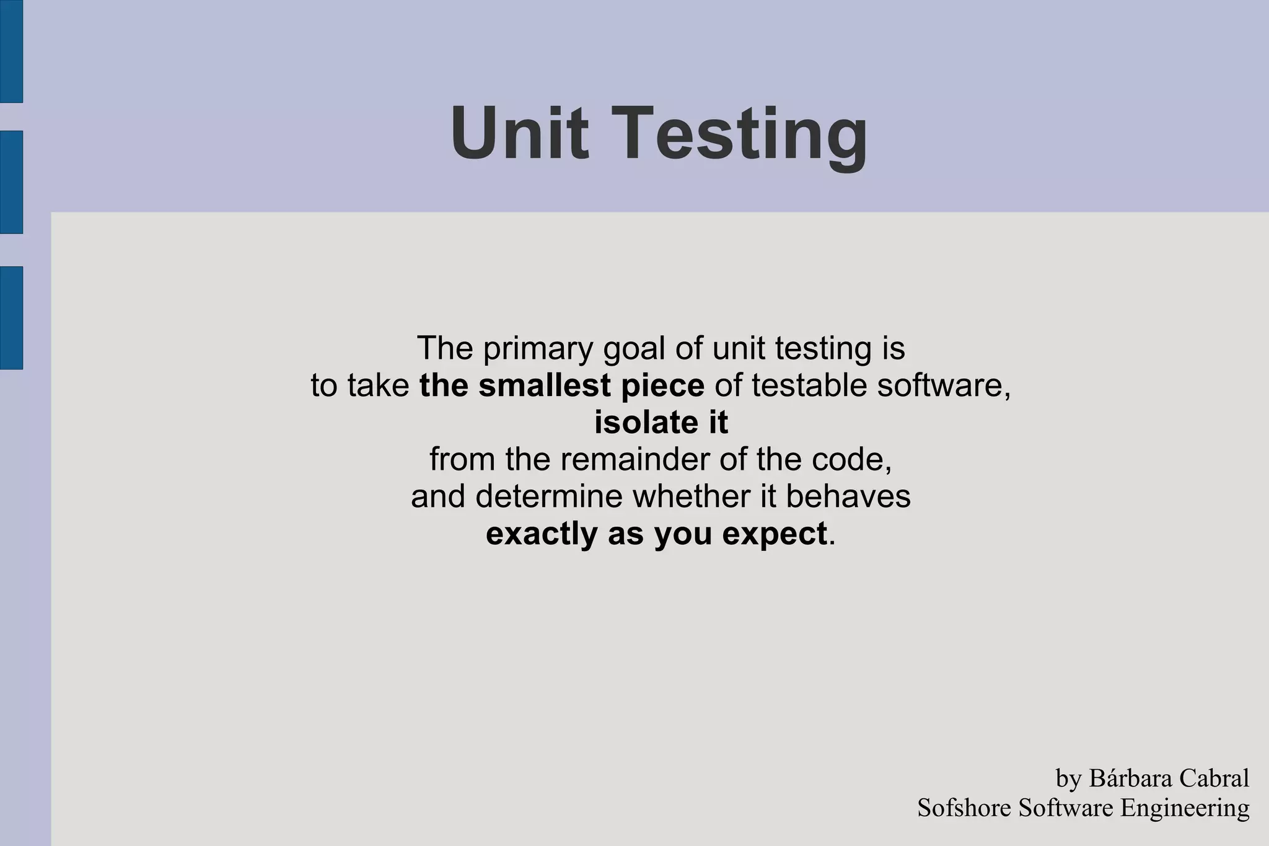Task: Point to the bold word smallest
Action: click(x=545, y=386)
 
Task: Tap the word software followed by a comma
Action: click(x=942, y=386)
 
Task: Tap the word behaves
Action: click(x=848, y=496)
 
